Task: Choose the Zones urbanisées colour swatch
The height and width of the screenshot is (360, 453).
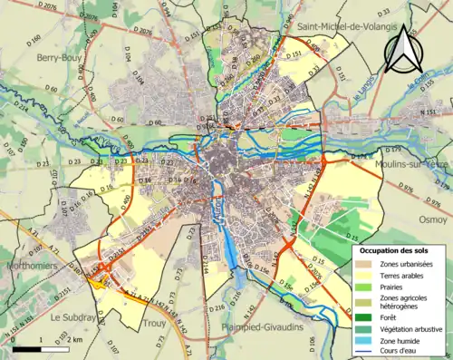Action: [x=367, y=263]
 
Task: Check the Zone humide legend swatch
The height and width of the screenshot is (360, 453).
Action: [x=367, y=341]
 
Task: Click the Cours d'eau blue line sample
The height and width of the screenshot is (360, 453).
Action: [x=367, y=352]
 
